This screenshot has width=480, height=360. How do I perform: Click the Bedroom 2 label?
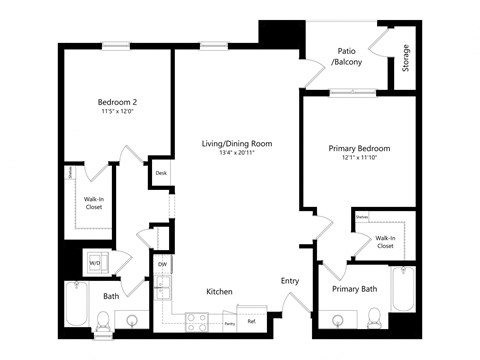pos(117,103)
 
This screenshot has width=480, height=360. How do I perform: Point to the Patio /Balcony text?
pos(347,56)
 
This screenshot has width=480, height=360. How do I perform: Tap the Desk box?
pos(160,173)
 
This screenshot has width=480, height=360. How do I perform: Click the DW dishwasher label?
pos(162,264)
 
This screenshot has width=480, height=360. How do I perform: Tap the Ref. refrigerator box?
pos(252,322)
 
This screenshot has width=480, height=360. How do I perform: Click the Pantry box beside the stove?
pos(229,323)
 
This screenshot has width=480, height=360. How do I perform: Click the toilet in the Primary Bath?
pos(374,318)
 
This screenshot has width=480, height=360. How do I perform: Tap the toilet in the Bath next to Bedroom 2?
pos(103,320)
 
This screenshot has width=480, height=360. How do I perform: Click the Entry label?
pos(290,281)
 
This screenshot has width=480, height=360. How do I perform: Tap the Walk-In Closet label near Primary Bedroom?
pos(385,241)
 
